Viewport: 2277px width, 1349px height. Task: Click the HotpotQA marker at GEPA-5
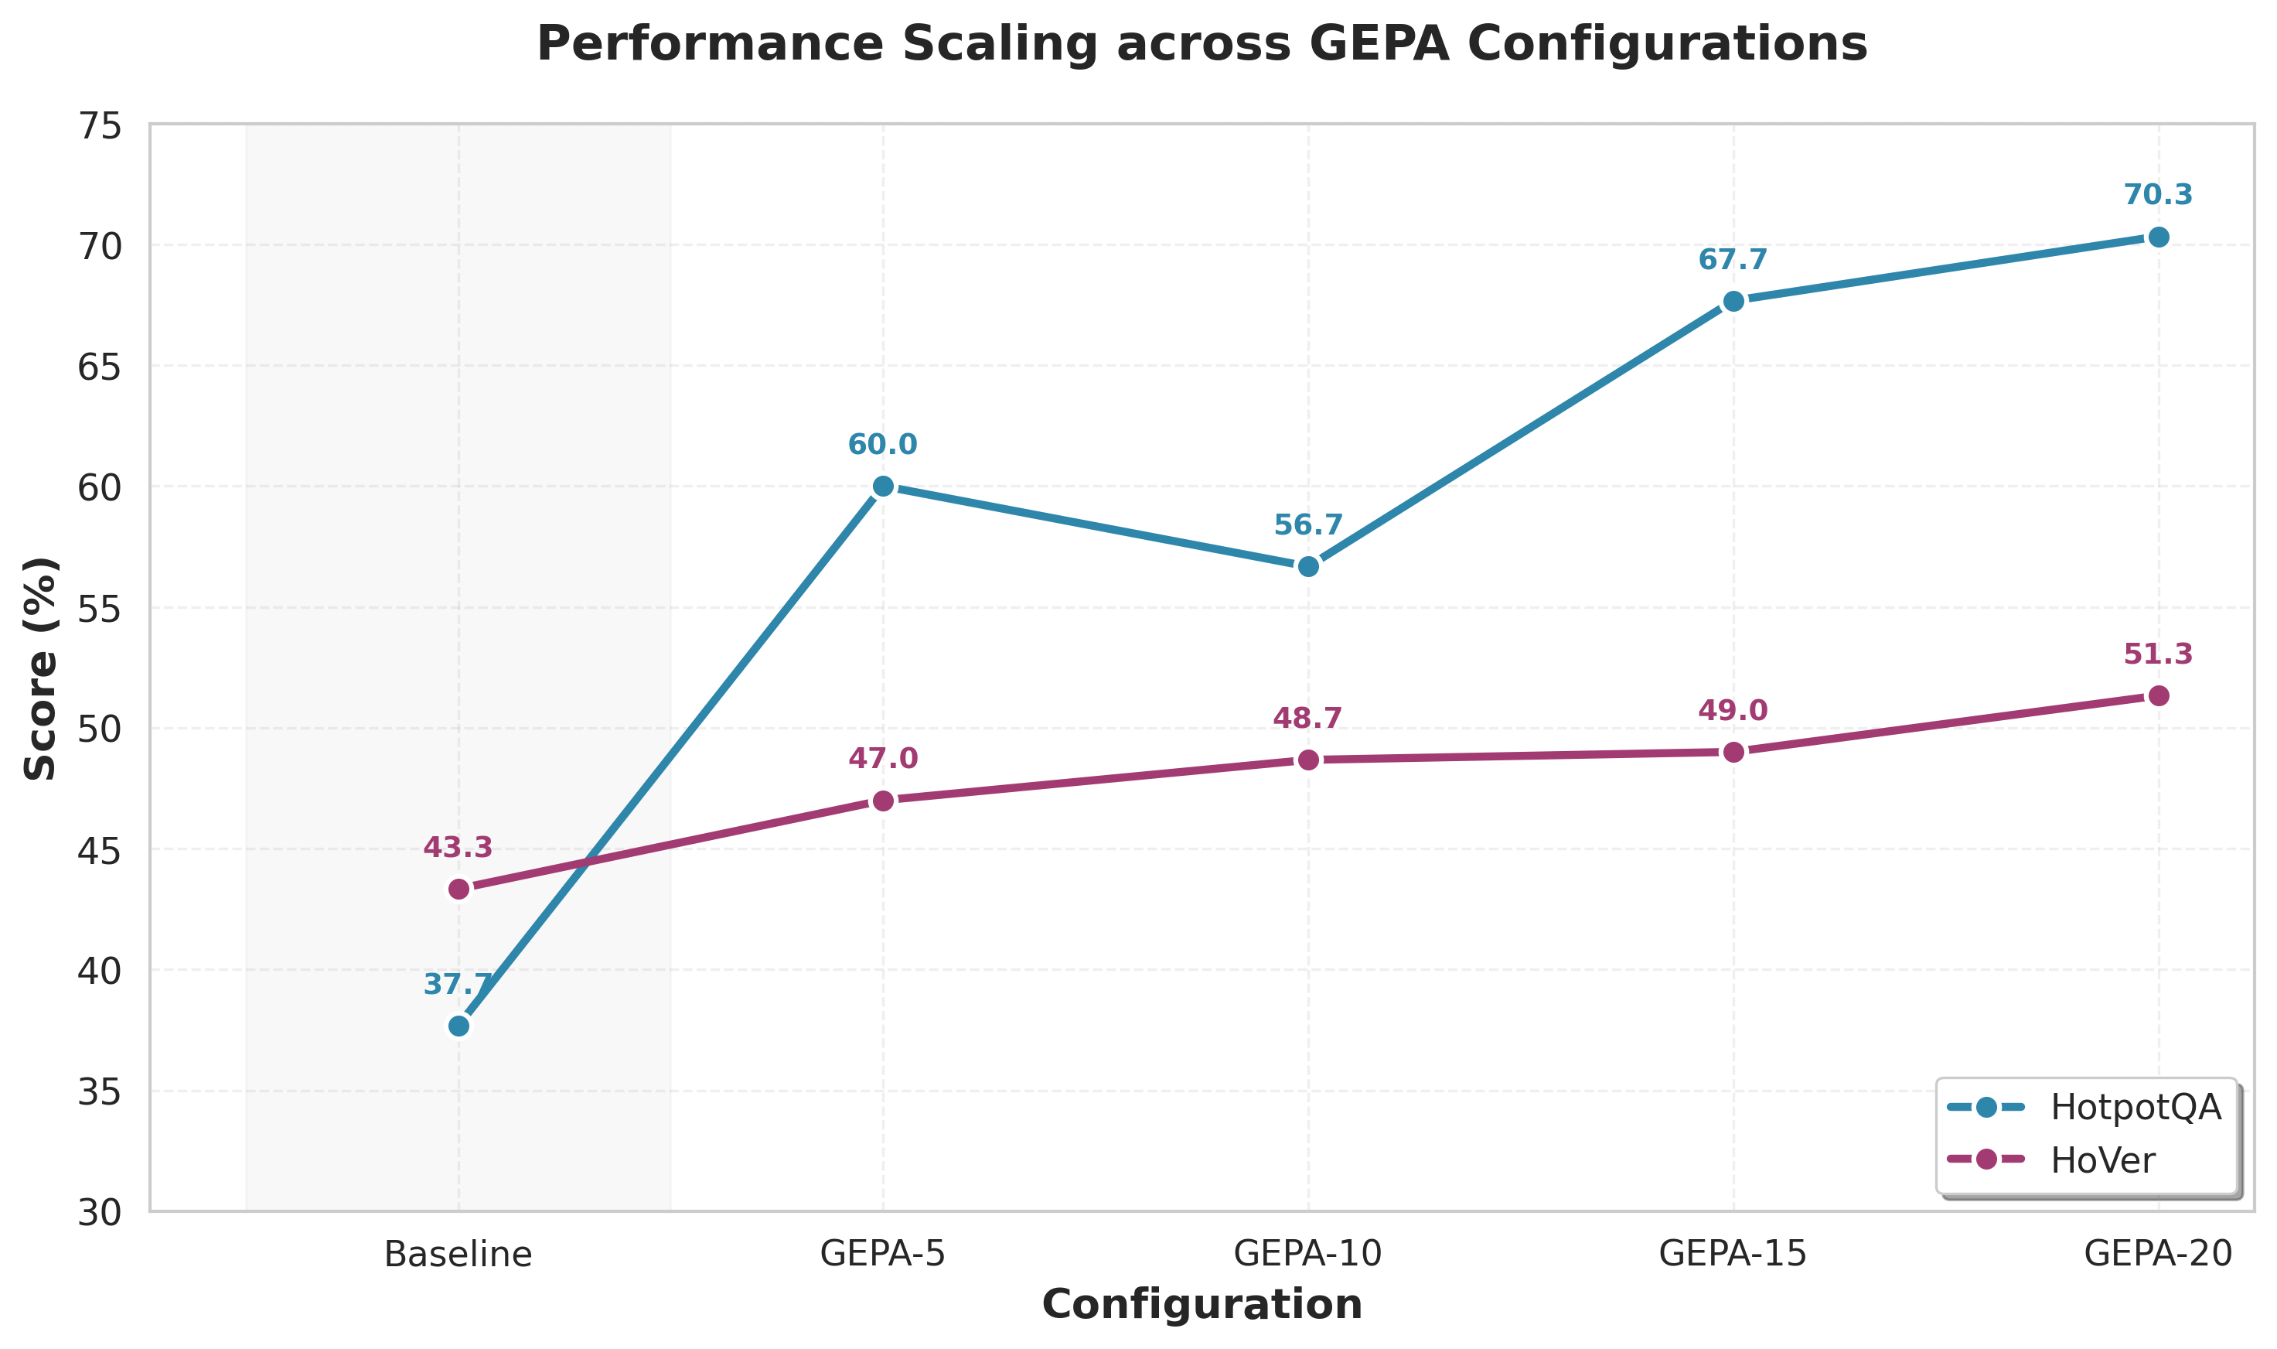click(x=882, y=487)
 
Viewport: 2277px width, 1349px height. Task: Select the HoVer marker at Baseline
click(x=458, y=889)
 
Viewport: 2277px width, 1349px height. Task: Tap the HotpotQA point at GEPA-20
click(x=2158, y=237)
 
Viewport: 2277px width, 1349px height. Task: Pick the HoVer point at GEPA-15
click(x=1733, y=752)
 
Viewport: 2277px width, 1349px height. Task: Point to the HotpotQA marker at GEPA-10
click(x=1307, y=566)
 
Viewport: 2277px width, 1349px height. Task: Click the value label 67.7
click(x=1733, y=260)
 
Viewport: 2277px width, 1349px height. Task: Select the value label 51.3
click(x=2158, y=654)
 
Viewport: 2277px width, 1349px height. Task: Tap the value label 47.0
click(x=882, y=758)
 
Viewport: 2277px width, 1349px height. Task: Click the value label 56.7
click(x=1307, y=524)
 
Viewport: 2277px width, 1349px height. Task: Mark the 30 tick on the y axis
click(x=99, y=1213)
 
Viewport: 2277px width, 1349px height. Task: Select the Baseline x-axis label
click(x=458, y=1255)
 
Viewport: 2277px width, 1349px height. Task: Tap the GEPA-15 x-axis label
click(x=1733, y=1255)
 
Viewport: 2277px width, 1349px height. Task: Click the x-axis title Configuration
click(x=1202, y=1304)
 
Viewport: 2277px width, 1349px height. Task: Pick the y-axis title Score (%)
click(x=40, y=668)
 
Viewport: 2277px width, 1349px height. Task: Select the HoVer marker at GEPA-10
click(x=1307, y=759)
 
